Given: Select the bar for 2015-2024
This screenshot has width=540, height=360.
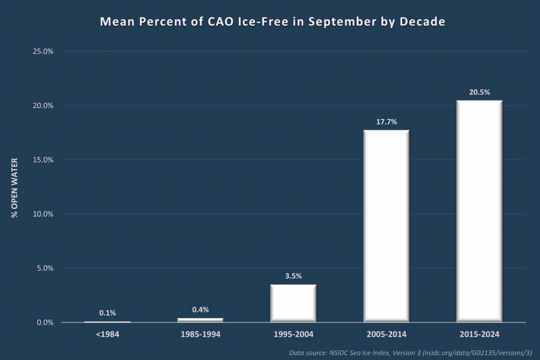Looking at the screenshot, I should [479, 211].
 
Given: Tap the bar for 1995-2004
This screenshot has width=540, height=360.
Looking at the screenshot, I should [293, 303].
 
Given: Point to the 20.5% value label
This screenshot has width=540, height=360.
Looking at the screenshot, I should [479, 92].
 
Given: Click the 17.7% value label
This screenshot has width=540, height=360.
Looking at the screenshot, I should [387, 122].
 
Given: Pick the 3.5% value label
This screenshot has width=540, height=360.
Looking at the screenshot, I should [293, 276].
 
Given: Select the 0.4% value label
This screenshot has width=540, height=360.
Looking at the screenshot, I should [200, 310].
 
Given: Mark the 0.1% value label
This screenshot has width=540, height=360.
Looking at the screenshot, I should [107, 313].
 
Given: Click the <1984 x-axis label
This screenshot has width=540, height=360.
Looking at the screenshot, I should [107, 334].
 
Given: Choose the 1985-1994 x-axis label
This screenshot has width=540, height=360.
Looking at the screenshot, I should [200, 334].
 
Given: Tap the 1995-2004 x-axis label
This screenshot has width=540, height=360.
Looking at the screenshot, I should [293, 334].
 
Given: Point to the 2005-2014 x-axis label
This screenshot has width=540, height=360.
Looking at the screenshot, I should [387, 334].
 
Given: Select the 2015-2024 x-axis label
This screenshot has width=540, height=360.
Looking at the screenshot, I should [479, 334].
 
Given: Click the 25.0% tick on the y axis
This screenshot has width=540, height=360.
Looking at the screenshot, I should [43, 52].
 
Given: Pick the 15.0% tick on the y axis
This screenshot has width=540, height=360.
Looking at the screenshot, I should [43, 160].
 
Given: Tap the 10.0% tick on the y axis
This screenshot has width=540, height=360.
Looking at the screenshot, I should [43, 214].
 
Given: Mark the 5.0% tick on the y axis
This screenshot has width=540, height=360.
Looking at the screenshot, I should [44, 268].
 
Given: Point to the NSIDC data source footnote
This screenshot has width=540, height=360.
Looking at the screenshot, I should [410, 352].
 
